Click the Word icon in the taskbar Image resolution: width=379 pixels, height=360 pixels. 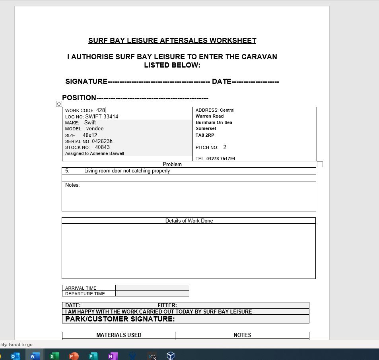[35, 356]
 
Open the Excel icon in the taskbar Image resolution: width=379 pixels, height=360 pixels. [54, 356]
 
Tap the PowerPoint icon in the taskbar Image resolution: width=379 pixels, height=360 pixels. [74, 356]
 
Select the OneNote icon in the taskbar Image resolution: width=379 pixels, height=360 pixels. [112, 356]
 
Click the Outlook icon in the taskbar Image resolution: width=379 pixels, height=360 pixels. [15, 356]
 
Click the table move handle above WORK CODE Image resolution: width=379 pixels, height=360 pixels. [59, 104]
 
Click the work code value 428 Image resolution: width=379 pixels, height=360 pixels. [100, 110]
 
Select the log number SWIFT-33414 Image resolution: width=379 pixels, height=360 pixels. [101, 116]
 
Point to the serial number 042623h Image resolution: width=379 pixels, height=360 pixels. [102, 141]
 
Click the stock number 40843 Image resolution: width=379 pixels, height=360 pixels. [102, 147]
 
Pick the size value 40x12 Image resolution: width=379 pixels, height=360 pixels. [90, 135]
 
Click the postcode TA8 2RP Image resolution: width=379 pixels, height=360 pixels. [205, 135]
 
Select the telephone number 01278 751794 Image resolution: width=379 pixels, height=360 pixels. [220, 159]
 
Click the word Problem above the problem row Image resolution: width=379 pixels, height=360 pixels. [172, 164]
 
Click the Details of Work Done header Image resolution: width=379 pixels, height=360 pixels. [189, 221]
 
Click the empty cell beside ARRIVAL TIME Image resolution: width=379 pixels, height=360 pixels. [152, 288]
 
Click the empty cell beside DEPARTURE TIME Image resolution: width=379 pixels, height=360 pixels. [152, 294]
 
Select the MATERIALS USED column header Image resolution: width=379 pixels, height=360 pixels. [119, 335]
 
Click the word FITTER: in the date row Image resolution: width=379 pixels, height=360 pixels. [167, 305]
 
